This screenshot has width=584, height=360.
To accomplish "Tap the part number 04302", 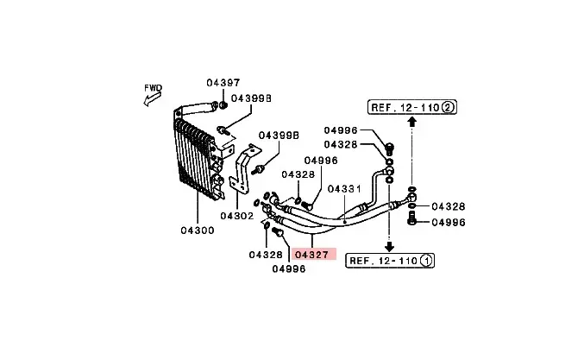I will (236, 216).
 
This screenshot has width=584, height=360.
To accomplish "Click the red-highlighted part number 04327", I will (311, 255).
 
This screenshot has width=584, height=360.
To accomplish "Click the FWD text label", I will (153, 87).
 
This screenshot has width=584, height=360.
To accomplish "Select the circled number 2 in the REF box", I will (450, 107).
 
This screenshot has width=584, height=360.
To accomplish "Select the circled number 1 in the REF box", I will (429, 260).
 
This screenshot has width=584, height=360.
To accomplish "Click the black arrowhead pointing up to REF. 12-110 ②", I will (412, 122).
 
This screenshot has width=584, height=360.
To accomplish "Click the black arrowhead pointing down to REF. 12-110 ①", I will (388, 245).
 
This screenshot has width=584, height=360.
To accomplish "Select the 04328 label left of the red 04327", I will (266, 255).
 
